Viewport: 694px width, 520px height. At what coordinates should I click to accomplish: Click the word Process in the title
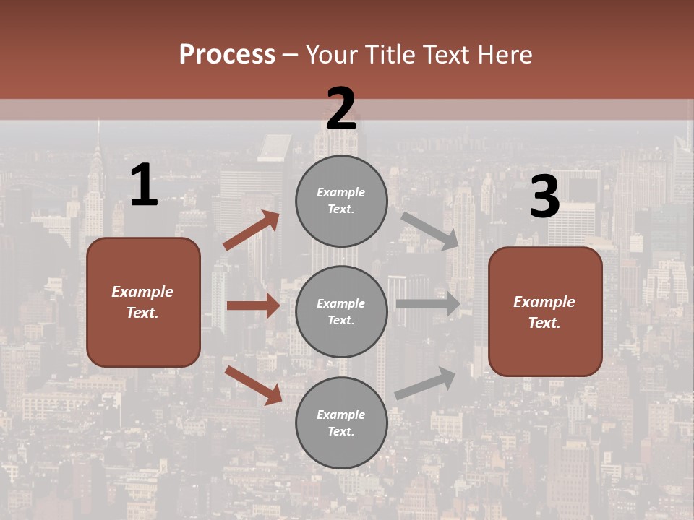pos(227,55)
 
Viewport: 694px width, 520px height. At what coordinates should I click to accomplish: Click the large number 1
pos(144,186)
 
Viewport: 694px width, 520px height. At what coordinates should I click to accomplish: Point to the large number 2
pos(341,109)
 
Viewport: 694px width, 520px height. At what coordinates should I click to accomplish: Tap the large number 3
pos(544,197)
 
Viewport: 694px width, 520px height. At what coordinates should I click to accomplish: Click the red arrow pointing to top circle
pos(252,230)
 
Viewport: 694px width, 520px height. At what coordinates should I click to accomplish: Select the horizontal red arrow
pos(253,305)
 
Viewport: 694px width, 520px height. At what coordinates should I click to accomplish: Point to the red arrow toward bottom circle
pos(254,385)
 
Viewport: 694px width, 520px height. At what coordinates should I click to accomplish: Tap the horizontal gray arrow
pos(428,303)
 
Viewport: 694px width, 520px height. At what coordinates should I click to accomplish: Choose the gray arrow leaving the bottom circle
pos(426,383)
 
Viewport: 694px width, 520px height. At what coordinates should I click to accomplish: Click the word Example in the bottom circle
pos(341,415)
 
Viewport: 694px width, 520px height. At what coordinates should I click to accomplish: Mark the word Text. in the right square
pos(544,323)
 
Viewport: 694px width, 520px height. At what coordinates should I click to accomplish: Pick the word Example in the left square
pos(142,292)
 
